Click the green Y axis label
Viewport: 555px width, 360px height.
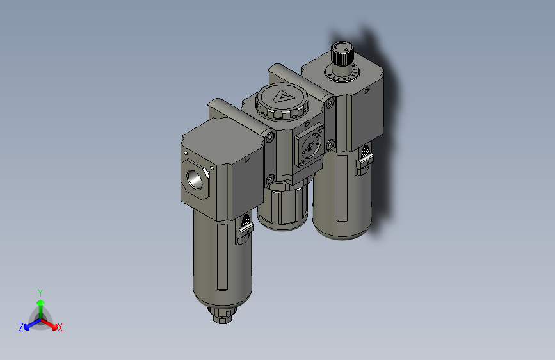(x=40, y=291)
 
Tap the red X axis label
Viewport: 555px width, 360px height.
(x=60, y=328)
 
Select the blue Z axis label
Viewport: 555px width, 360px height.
(x=21, y=327)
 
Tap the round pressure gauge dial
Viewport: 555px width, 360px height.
(x=310, y=147)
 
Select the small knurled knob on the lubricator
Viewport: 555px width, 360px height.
(x=341, y=53)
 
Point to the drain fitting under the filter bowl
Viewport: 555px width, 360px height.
(x=223, y=315)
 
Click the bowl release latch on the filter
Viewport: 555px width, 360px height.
(x=245, y=228)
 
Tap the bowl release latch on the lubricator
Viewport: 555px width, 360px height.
(x=364, y=160)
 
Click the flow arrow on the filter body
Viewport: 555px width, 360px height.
(x=248, y=160)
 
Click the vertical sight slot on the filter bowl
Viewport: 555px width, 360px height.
(x=222, y=256)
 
